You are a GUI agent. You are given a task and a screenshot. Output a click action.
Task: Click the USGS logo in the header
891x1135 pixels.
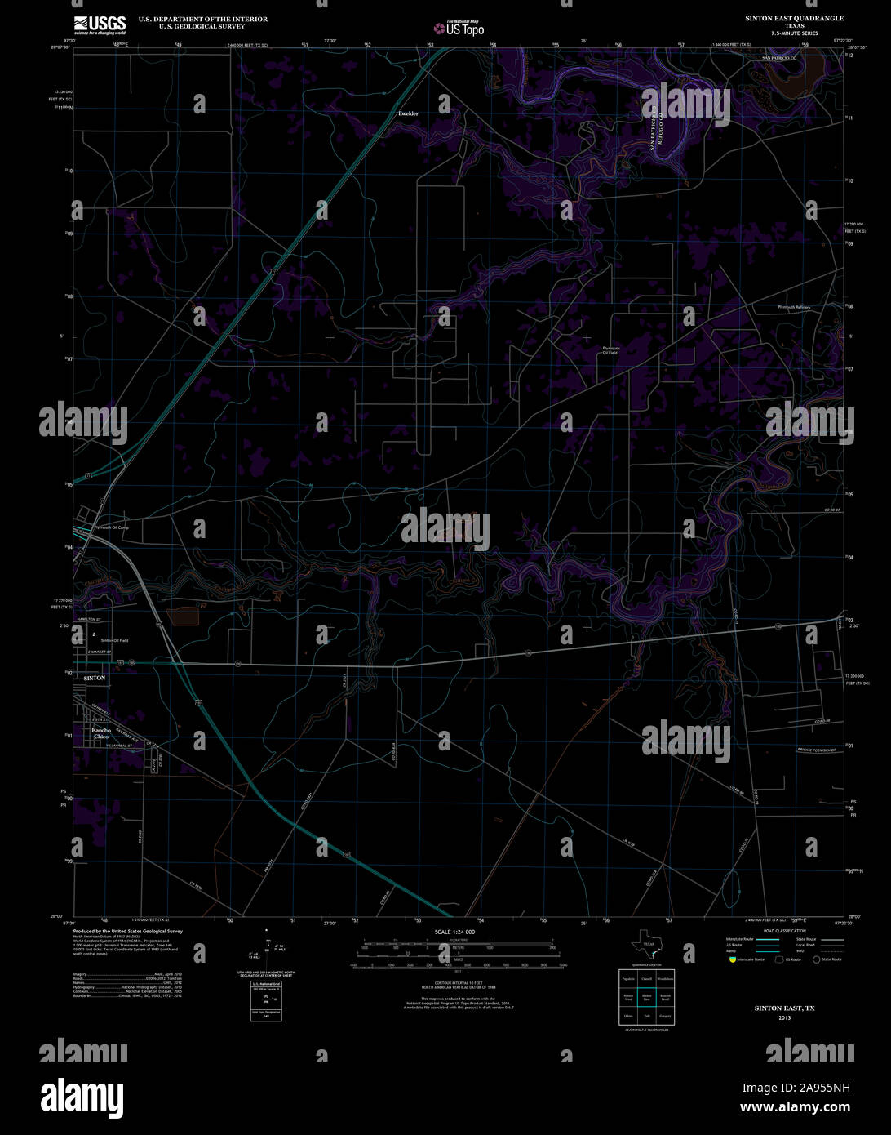pyautogui.click(x=100, y=23)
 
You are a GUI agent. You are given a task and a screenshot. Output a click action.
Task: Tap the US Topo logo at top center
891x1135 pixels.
pyautogui.click(x=459, y=28)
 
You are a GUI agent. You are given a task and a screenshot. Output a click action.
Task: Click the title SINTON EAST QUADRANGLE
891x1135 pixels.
pyautogui.click(x=794, y=18)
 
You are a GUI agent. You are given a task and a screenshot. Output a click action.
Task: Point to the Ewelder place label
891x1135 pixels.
pyautogui.click(x=408, y=113)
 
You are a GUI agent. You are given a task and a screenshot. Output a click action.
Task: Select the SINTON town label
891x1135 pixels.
pyautogui.click(x=95, y=678)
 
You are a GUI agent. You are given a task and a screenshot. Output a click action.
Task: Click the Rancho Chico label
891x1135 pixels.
pyautogui.click(x=101, y=733)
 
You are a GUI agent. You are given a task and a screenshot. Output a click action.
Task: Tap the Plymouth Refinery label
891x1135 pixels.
pyautogui.click(x=793, y=307)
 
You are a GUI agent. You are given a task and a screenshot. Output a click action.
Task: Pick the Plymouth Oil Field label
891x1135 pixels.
pyautogui.click(x=610, y=350)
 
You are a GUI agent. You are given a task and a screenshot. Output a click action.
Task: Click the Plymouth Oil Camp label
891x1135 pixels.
pyautogui.click(x=113, y=527)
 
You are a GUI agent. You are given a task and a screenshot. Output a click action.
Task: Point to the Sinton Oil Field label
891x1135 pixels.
pyautogui.click(x=114, y=640)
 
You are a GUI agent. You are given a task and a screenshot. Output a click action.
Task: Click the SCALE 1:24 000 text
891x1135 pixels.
pyautogui.click(x=454, y=932)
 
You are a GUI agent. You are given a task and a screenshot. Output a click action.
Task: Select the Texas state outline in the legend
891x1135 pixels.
pyautogui.click(x=646, y=946)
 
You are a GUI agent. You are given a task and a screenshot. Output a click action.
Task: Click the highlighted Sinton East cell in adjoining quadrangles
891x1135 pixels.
pyautogui.click(x=646, y=997)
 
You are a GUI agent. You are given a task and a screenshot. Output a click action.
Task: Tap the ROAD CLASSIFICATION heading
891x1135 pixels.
pyautogui.click(x=784, y=931)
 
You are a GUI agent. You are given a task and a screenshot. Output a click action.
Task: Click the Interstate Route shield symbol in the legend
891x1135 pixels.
pyautogui.click(x=733, y=959)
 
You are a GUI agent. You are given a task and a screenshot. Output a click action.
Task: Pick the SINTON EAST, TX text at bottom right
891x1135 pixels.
pyautogui.click(x=784, y=1008)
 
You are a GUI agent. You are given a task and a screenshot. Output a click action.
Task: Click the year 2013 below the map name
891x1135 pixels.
pyautogui.click(x=784, y=1018)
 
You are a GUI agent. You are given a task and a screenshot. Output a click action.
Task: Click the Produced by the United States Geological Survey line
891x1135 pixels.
pyautogui.click(x=128, y=931)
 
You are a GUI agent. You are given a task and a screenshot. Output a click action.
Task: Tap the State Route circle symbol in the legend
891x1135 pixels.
pyautogui.click(x=815, y=959)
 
